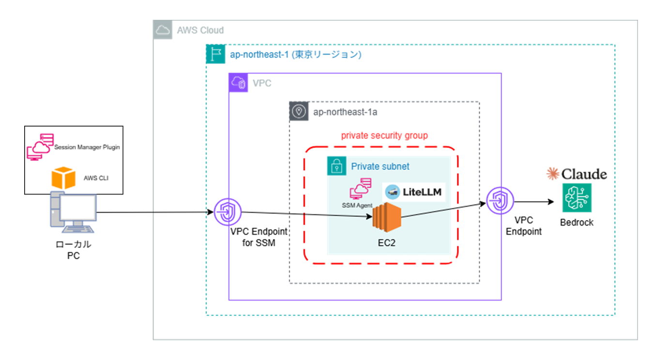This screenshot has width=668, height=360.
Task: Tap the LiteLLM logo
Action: [414, 192]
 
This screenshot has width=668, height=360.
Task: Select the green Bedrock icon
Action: [577, 197]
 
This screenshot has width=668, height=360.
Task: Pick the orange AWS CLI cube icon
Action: [64, 178]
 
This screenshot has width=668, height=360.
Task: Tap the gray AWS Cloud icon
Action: [163, 30]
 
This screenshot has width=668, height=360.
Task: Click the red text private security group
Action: [384, 135]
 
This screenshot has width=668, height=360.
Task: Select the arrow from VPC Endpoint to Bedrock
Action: [532, 202]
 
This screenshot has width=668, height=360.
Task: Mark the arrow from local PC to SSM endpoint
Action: [155, 212]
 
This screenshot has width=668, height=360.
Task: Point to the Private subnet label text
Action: [380, 166]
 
